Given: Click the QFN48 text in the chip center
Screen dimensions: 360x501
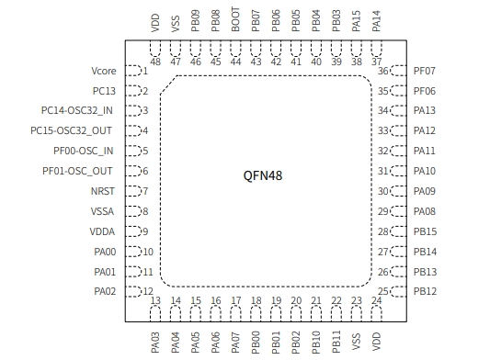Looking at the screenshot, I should pos(263,175).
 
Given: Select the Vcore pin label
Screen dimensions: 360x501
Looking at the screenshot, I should pos(103,71).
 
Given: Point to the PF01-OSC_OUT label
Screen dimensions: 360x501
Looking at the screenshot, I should pos(77,171).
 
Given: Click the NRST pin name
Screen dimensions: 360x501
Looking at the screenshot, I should pos(103,191).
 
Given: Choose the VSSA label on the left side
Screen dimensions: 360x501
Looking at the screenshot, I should pos(102,211).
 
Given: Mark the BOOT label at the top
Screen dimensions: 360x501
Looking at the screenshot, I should pos(235,21).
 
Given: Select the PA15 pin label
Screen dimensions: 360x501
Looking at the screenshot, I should pos(356,21).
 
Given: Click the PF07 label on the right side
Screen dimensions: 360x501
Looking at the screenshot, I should pos(424,71).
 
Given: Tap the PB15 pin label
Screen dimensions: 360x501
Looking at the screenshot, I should pos(424,231).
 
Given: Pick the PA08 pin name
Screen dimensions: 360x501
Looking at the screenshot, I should pos(424,211).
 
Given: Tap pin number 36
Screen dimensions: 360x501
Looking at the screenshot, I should pos(383,71).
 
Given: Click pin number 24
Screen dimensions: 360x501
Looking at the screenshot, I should pos(376,301).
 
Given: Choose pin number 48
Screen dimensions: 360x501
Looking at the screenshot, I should pos(154,62).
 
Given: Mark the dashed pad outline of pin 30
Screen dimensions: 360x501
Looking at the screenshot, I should pos(398,191).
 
